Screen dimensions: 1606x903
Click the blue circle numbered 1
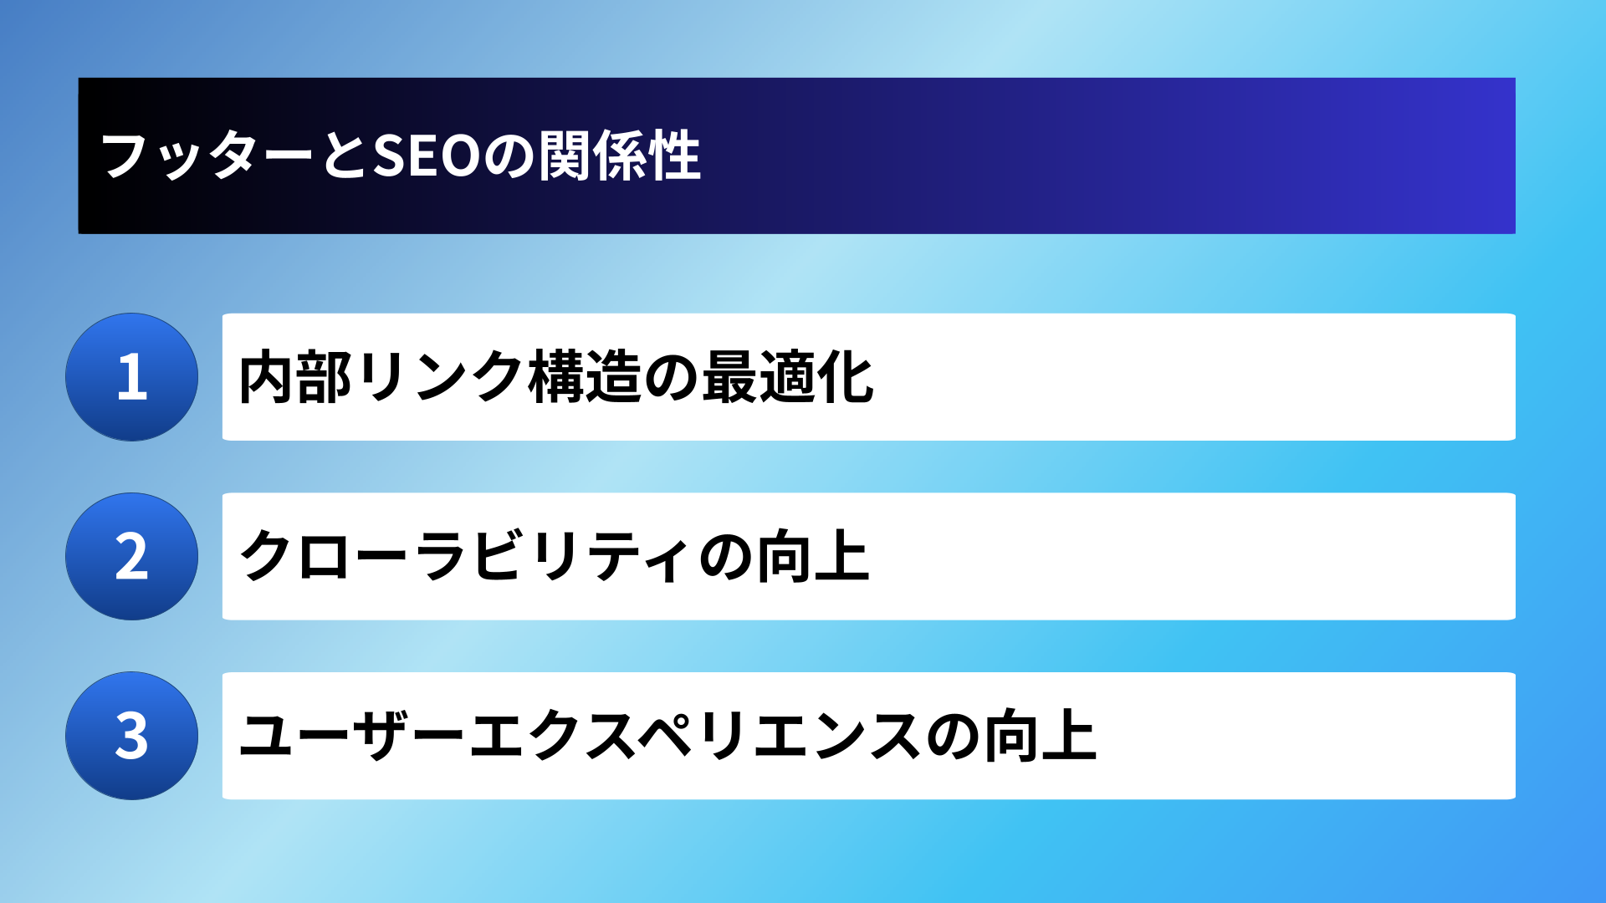[132, 377]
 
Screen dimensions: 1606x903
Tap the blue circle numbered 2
[132, 556]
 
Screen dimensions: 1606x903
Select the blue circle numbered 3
[132, 736]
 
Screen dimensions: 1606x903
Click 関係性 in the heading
[620, 156]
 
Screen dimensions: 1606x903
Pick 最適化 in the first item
[788, 378]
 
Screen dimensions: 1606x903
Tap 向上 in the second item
[813, 557]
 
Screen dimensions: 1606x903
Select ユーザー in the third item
[351, 737]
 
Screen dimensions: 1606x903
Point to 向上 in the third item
[1040, 737]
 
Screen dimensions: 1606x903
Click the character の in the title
[509, 156]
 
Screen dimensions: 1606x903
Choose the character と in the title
[344, 156]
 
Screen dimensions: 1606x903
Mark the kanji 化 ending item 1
[846, 378]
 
